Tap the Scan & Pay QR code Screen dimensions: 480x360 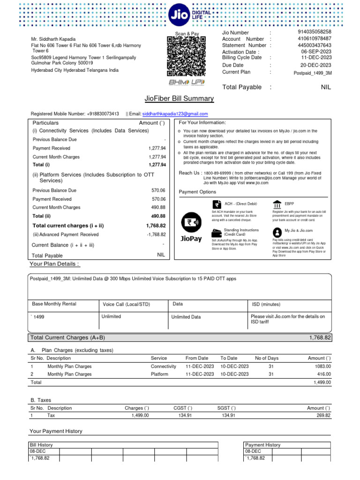tap(187, 57)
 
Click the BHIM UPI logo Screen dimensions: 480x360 tap(187, 82)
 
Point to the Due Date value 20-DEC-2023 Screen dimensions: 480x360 tap(315, 65)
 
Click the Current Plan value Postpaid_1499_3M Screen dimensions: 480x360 tap(313, 73)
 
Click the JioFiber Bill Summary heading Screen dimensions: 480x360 tap(180, 98)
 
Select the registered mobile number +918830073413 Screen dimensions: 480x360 tap(103, 114)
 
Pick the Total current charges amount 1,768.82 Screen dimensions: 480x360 tap(156, 225)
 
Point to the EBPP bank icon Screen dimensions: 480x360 tap(277, 204)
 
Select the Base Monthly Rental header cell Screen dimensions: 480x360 tap(54, 304)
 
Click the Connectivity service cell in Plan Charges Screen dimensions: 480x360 tap(163, 366)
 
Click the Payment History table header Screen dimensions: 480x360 tap(262, 445)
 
